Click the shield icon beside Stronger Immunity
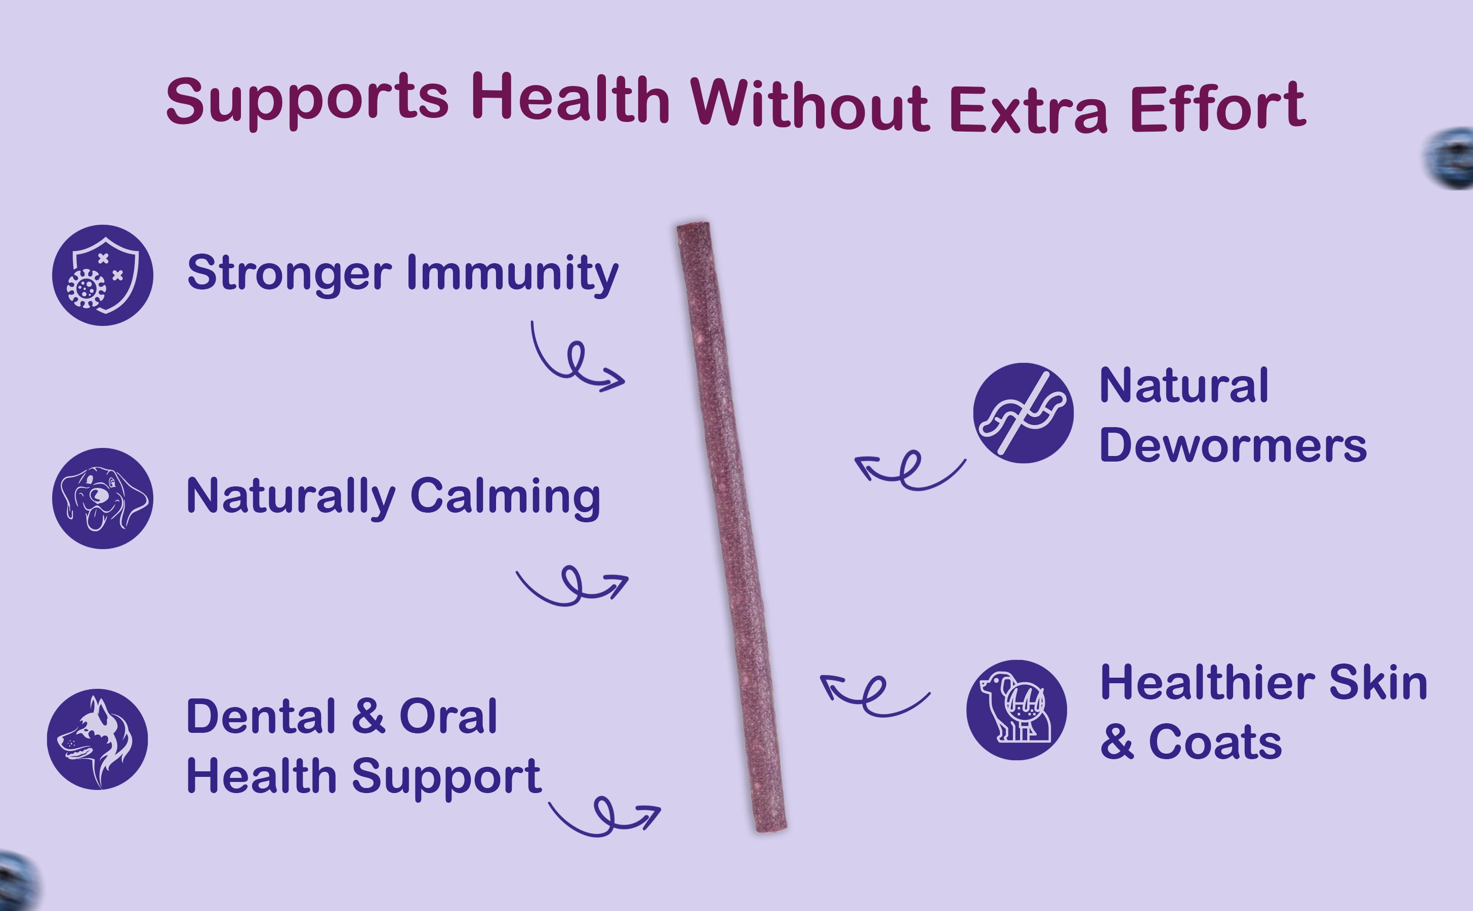pos(102,275)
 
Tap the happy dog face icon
pos(102,499)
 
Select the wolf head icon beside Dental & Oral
pos(98,739)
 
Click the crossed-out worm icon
pos(1023,412)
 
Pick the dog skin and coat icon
pos(1016,710)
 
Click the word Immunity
pos(513,274)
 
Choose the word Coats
pos(1216,741)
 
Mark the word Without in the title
pos(810,104)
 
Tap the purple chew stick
pos(731,527)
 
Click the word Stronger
pos(290,274)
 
